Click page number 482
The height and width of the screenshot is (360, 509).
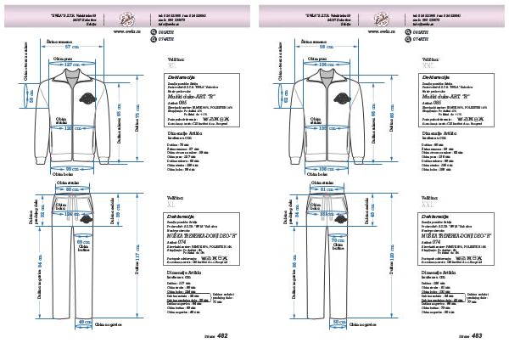(222, 336)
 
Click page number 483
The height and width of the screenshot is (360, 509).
(476, 336)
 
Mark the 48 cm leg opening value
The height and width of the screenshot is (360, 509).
(86, 322)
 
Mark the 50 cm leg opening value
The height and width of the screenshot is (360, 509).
(340, 322)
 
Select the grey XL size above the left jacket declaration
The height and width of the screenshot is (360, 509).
(172, 64)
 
